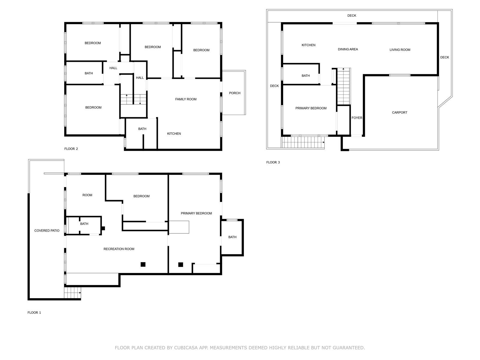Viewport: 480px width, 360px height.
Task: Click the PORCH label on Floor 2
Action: point(234,93)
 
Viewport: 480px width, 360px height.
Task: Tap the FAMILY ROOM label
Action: point(186,99)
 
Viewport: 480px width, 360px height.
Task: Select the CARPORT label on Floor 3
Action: point(399,112)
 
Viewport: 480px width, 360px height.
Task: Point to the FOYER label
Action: point(357,118)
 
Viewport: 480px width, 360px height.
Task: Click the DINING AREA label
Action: point(348,49)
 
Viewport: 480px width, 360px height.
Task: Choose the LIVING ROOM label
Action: point(400,50)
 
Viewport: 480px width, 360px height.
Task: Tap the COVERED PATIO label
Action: point(47,231)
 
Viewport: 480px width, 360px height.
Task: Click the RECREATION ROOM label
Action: point(119,249)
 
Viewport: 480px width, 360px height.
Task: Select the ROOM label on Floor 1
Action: point(87,195)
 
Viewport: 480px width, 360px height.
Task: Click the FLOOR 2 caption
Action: point(71,149)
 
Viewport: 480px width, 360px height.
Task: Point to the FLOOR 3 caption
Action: point(273,162)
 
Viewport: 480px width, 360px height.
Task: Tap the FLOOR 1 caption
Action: point(34,313)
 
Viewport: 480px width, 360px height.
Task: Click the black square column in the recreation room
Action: point(143,265)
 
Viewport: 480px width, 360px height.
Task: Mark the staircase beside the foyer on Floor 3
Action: point(343,86)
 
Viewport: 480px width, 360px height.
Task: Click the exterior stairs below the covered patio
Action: point(72,293)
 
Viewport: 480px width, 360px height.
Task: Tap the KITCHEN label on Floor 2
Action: point(174,134)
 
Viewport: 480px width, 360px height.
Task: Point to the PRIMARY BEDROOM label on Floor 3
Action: point(311,108)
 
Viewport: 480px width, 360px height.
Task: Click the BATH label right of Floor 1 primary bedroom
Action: point(232,237)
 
